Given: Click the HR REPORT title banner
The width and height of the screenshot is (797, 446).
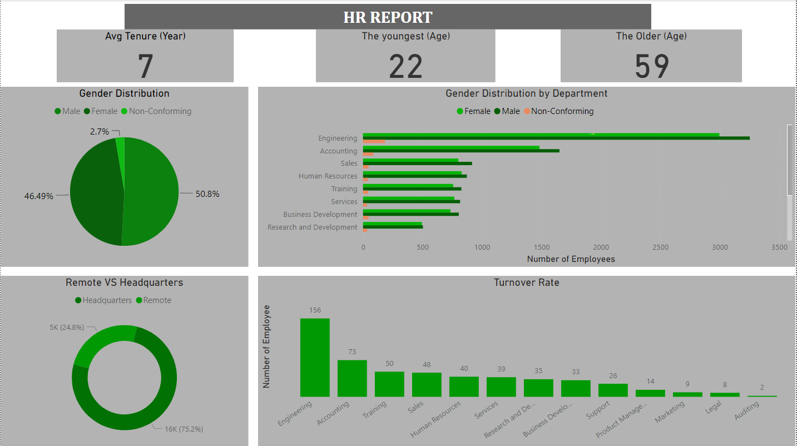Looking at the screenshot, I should (388, 17).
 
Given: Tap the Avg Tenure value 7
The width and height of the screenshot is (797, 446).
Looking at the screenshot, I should (145, 66).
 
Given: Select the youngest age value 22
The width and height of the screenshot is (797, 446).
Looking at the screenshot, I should (405, 66).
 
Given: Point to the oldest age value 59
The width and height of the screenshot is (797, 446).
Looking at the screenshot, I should (651, 66).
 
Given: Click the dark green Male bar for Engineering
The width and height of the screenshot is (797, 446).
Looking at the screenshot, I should (556, 138).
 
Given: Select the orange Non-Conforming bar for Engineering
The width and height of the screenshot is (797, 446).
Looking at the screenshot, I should (374, 142).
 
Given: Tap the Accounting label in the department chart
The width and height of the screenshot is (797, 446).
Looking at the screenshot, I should (338, 151).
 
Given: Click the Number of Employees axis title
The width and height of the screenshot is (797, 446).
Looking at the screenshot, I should (571, 259).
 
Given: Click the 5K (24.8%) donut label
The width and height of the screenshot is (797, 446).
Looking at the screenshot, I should (67, 328).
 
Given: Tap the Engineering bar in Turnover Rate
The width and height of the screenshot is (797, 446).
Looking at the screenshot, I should (315, 357).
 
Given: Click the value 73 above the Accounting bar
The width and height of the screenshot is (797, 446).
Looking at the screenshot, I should (352, 352).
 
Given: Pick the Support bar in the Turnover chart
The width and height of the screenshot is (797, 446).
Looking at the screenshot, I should (613, 390).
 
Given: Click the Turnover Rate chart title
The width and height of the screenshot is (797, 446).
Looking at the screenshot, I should (526, 283).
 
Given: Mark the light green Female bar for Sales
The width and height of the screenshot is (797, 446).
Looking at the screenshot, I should (410, 161).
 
